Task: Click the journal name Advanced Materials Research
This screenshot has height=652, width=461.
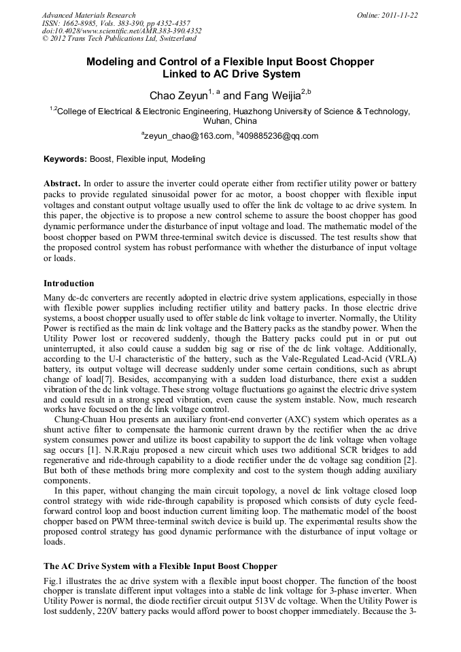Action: (x=88, y=15)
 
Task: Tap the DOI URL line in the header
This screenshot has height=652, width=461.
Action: (x=122, y=31)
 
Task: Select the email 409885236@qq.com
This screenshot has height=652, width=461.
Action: (x=279, y=136)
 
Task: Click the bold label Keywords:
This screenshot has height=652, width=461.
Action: (x=65, y=160)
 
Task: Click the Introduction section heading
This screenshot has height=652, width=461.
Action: (x=69, y=283)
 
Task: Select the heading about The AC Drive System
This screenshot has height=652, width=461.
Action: (x=160, y=566)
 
